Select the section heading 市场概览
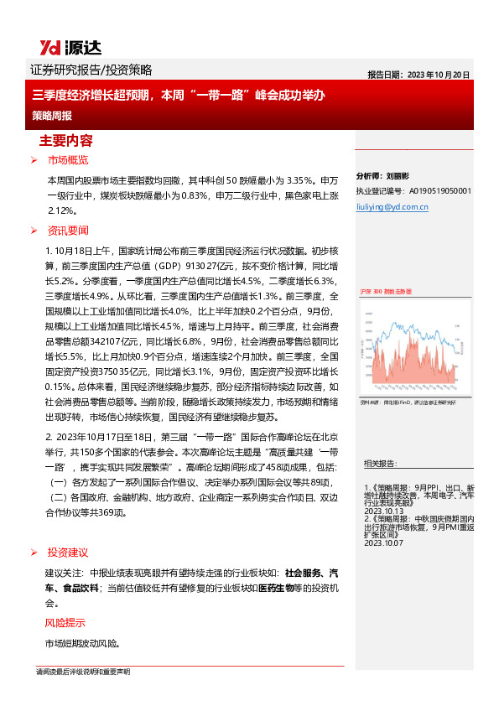67,159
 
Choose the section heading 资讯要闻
67,231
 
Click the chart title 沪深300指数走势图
386,289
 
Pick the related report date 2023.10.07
384,543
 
